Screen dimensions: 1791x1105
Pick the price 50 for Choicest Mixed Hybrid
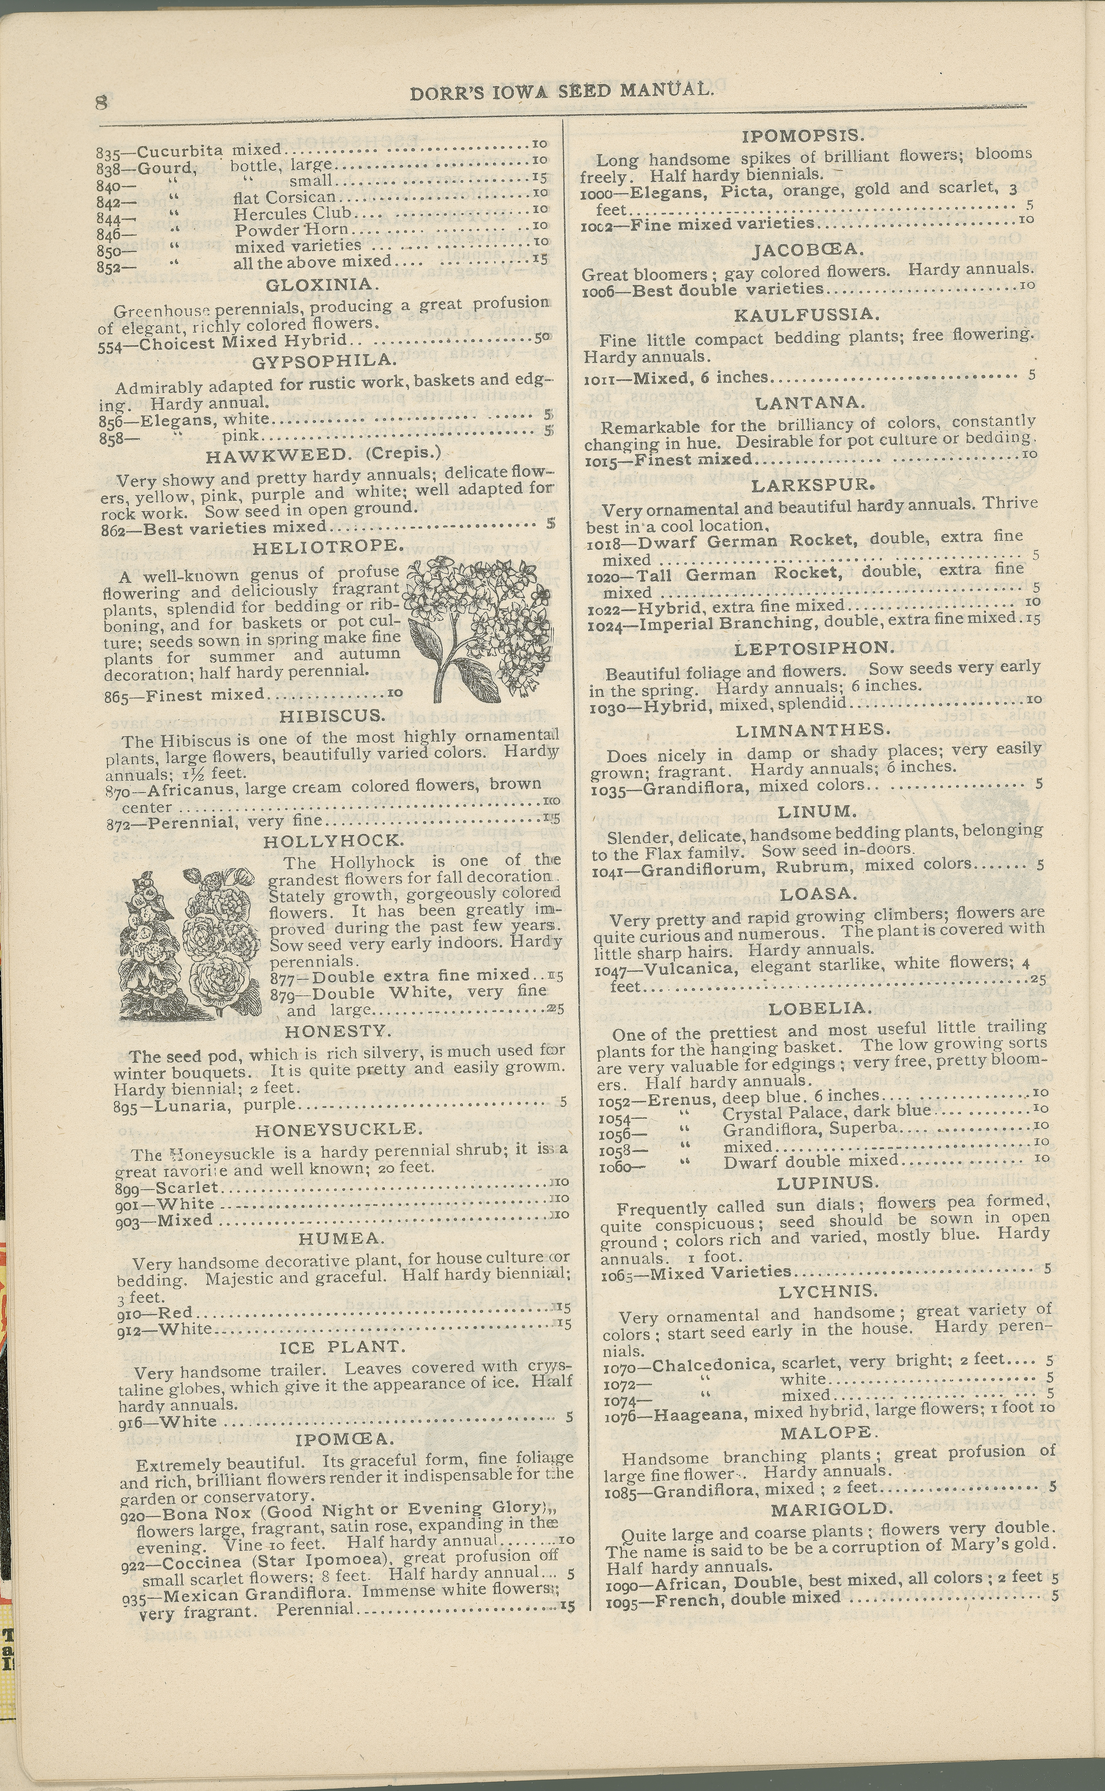[x=542, y=338]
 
